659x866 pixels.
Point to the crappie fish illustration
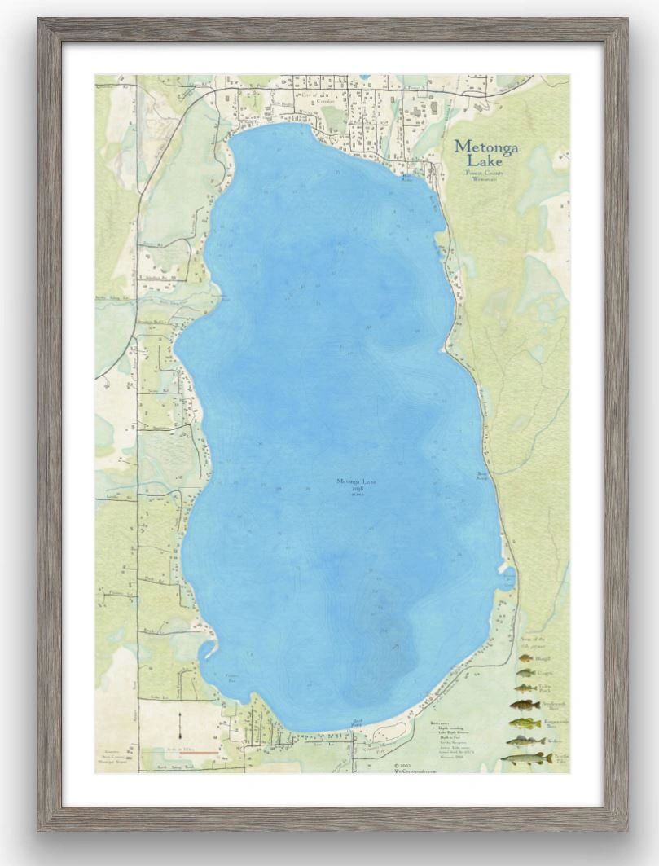pyautogui.click(x=526, y=673)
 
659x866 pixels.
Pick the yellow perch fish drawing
pyautogui.click(x=526, y=689)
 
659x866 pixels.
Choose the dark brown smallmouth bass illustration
pyautogui.click(x=521, y=706)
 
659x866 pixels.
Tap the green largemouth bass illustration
pyautogui.click(x=521, y=723)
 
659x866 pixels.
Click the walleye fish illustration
pyautogui.click(x=524, y=741)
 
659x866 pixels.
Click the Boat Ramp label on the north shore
pyautogui.click(x=406, y=177)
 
